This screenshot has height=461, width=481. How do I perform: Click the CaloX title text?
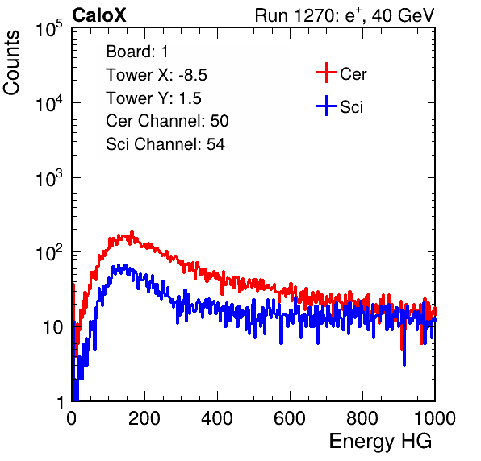(99, 15)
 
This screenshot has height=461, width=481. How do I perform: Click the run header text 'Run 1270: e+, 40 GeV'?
(345, 15)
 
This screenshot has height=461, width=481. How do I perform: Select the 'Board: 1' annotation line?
(137, 52)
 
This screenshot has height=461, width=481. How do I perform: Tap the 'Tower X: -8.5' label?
(157, 75)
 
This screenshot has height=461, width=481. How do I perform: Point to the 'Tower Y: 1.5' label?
(153, 98)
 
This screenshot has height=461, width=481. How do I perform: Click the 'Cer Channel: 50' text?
(167, 121)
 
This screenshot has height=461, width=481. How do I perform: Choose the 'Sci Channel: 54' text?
(165, 144)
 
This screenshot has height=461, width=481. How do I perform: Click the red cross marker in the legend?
(326, 73)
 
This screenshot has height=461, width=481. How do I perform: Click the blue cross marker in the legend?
(326, 106)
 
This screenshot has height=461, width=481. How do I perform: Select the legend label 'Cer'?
(353, 74)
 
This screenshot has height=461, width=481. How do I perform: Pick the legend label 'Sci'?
(351, 107)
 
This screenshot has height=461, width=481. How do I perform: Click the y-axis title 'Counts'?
(11, 63)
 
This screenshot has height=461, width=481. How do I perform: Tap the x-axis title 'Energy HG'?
(380, 441)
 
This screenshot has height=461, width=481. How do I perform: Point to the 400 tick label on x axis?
(217, 418)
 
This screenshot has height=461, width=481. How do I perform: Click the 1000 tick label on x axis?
(435, 418)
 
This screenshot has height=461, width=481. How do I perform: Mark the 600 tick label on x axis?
(290, 418)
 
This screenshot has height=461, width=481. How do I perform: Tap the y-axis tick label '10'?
(53, 328)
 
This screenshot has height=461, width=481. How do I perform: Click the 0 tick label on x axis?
(72, 418)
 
